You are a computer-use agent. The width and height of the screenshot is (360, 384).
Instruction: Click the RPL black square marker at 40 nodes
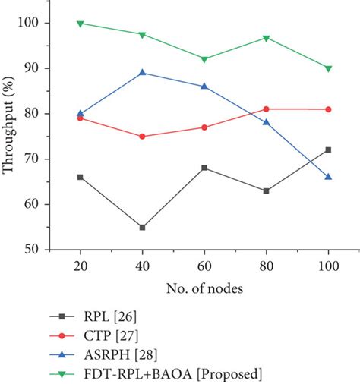click(142, 227)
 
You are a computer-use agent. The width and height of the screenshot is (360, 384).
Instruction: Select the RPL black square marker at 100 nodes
click(328, 150)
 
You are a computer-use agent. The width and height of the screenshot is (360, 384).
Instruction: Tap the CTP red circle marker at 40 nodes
click(142, 137)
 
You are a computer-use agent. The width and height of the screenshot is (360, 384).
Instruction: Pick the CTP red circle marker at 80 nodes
click(266, 109)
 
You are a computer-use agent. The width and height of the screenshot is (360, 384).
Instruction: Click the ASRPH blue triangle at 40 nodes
click(142, 73)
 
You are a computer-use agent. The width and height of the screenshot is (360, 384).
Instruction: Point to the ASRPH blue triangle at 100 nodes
click(328, 176)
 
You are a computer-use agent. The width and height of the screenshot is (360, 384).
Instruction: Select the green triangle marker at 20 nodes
click(81, 24)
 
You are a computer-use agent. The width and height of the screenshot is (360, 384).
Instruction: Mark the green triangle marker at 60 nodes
click(204, 59)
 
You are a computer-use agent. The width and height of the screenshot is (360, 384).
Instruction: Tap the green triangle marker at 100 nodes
click(328, 68)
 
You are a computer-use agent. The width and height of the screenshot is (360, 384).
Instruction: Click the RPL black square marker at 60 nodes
click(204, 168)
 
